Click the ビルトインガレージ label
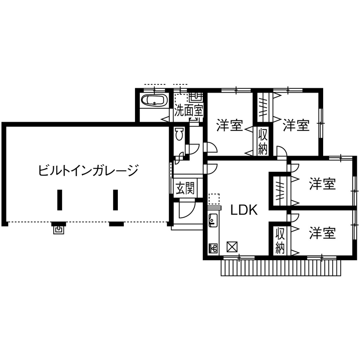click(x=88, y=171)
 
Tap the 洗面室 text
click(x=189, y=111)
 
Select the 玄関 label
click(x=185, y=188)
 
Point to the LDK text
click(x=243, y=210)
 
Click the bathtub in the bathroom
click(x=154, y=102)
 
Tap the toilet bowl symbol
click(x=180, y=134)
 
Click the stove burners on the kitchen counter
click(x=213, y=248)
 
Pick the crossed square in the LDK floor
click(x=232, y=247)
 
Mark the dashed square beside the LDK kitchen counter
click(x=213, y=199)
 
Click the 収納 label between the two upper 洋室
click(x=263, y=141)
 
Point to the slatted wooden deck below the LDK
click(x=281, y=268)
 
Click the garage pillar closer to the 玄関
click(x=115, y=199)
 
